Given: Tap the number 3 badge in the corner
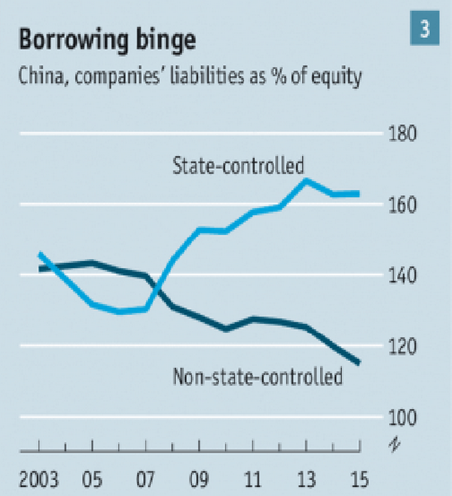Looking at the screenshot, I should [x=425, y=29].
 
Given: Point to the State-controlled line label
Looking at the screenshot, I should [x=238, y=166].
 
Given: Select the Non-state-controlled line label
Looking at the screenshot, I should [x=256, y=377].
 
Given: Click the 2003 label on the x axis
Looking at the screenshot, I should [x=39, y=477].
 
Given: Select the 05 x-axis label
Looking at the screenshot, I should [x=92, y=477].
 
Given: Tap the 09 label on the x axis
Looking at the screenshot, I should [x=199, y=477].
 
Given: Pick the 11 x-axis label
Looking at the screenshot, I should [x=253, y=477].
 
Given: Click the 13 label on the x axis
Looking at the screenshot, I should [x=306, y=477].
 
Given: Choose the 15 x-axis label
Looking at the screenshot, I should [x=359, y=477].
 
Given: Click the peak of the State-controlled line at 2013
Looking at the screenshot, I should [x=306, y=180].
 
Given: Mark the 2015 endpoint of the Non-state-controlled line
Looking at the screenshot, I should [x=359, y=363].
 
